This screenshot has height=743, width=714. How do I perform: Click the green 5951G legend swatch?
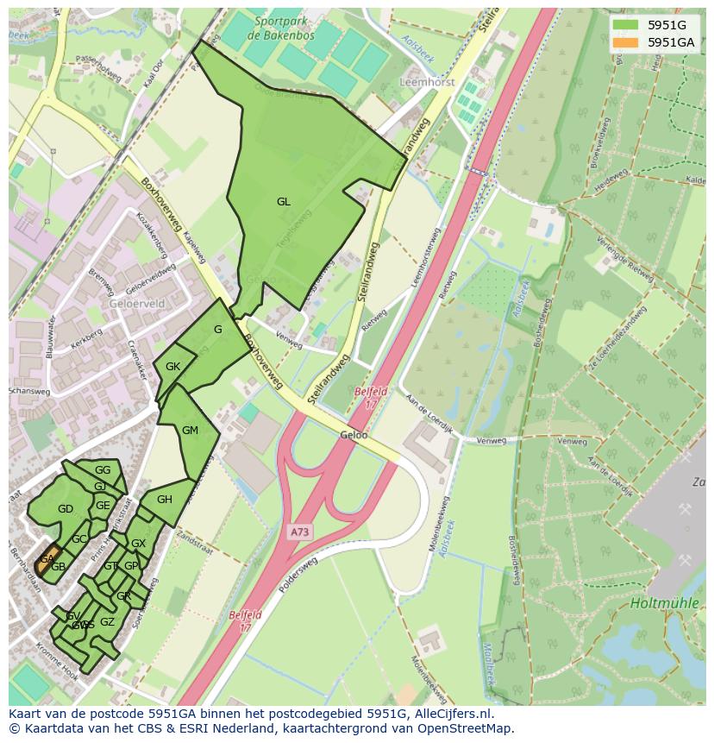626,25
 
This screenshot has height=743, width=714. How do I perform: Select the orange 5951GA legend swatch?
626,42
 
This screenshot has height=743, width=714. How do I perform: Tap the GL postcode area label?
283,202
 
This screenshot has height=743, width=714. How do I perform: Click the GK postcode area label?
172,367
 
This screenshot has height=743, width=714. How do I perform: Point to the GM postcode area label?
190,431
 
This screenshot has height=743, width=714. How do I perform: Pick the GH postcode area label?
164,500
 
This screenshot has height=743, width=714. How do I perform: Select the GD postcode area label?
65,509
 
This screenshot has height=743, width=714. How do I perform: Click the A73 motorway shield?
299,532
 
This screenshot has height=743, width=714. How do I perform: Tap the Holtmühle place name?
664,603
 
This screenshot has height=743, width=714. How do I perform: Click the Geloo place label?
354,436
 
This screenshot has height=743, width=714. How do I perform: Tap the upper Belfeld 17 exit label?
371,397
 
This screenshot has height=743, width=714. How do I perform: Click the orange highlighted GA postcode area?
48,559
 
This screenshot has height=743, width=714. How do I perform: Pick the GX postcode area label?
138,544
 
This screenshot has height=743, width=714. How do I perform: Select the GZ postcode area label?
107,622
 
